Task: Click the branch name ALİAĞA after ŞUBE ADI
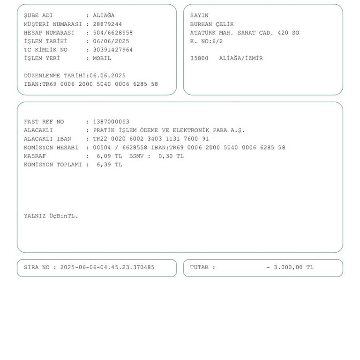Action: pos(104,15)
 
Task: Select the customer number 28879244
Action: pos(107,24)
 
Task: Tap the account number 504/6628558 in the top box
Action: pos(112,33)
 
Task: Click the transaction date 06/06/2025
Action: pos(111,41)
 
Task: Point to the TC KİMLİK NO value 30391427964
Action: pos(112,50)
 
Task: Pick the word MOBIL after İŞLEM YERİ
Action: pos(102,58)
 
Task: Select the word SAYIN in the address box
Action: pos(199,15)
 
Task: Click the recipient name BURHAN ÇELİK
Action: pos(212,24)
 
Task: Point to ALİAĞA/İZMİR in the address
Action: pos(241,58)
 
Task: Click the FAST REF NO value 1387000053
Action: pos(111,122)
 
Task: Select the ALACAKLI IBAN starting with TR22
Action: pos(151,139)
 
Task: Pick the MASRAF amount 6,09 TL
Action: pos(109,156)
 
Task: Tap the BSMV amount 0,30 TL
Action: pos(171,156)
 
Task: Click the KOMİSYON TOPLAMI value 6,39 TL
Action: pos(109,165)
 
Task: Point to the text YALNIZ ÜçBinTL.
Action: pos(51,216)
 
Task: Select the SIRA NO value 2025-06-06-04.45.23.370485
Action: pos(107,268)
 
